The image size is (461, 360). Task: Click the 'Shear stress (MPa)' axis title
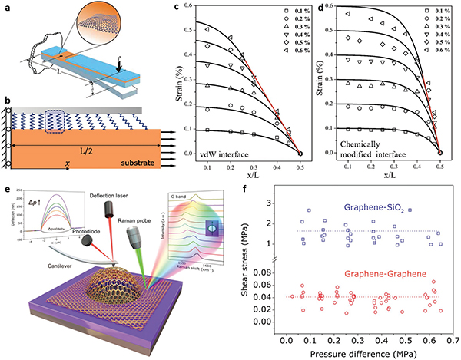[x=260, y=268]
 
